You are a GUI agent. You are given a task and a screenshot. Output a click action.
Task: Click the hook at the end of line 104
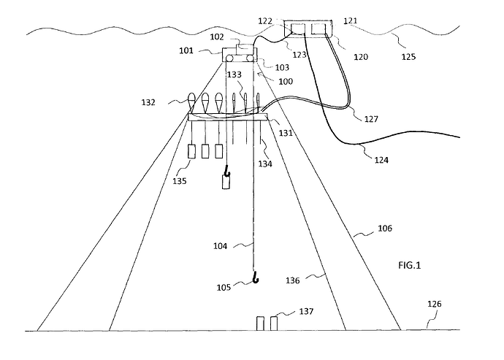255,277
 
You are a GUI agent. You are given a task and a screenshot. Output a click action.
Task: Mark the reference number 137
306,312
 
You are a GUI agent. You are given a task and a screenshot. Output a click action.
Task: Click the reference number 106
385,229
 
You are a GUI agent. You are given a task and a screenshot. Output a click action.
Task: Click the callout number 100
286,82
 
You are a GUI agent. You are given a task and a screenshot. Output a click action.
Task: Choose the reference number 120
361,56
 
